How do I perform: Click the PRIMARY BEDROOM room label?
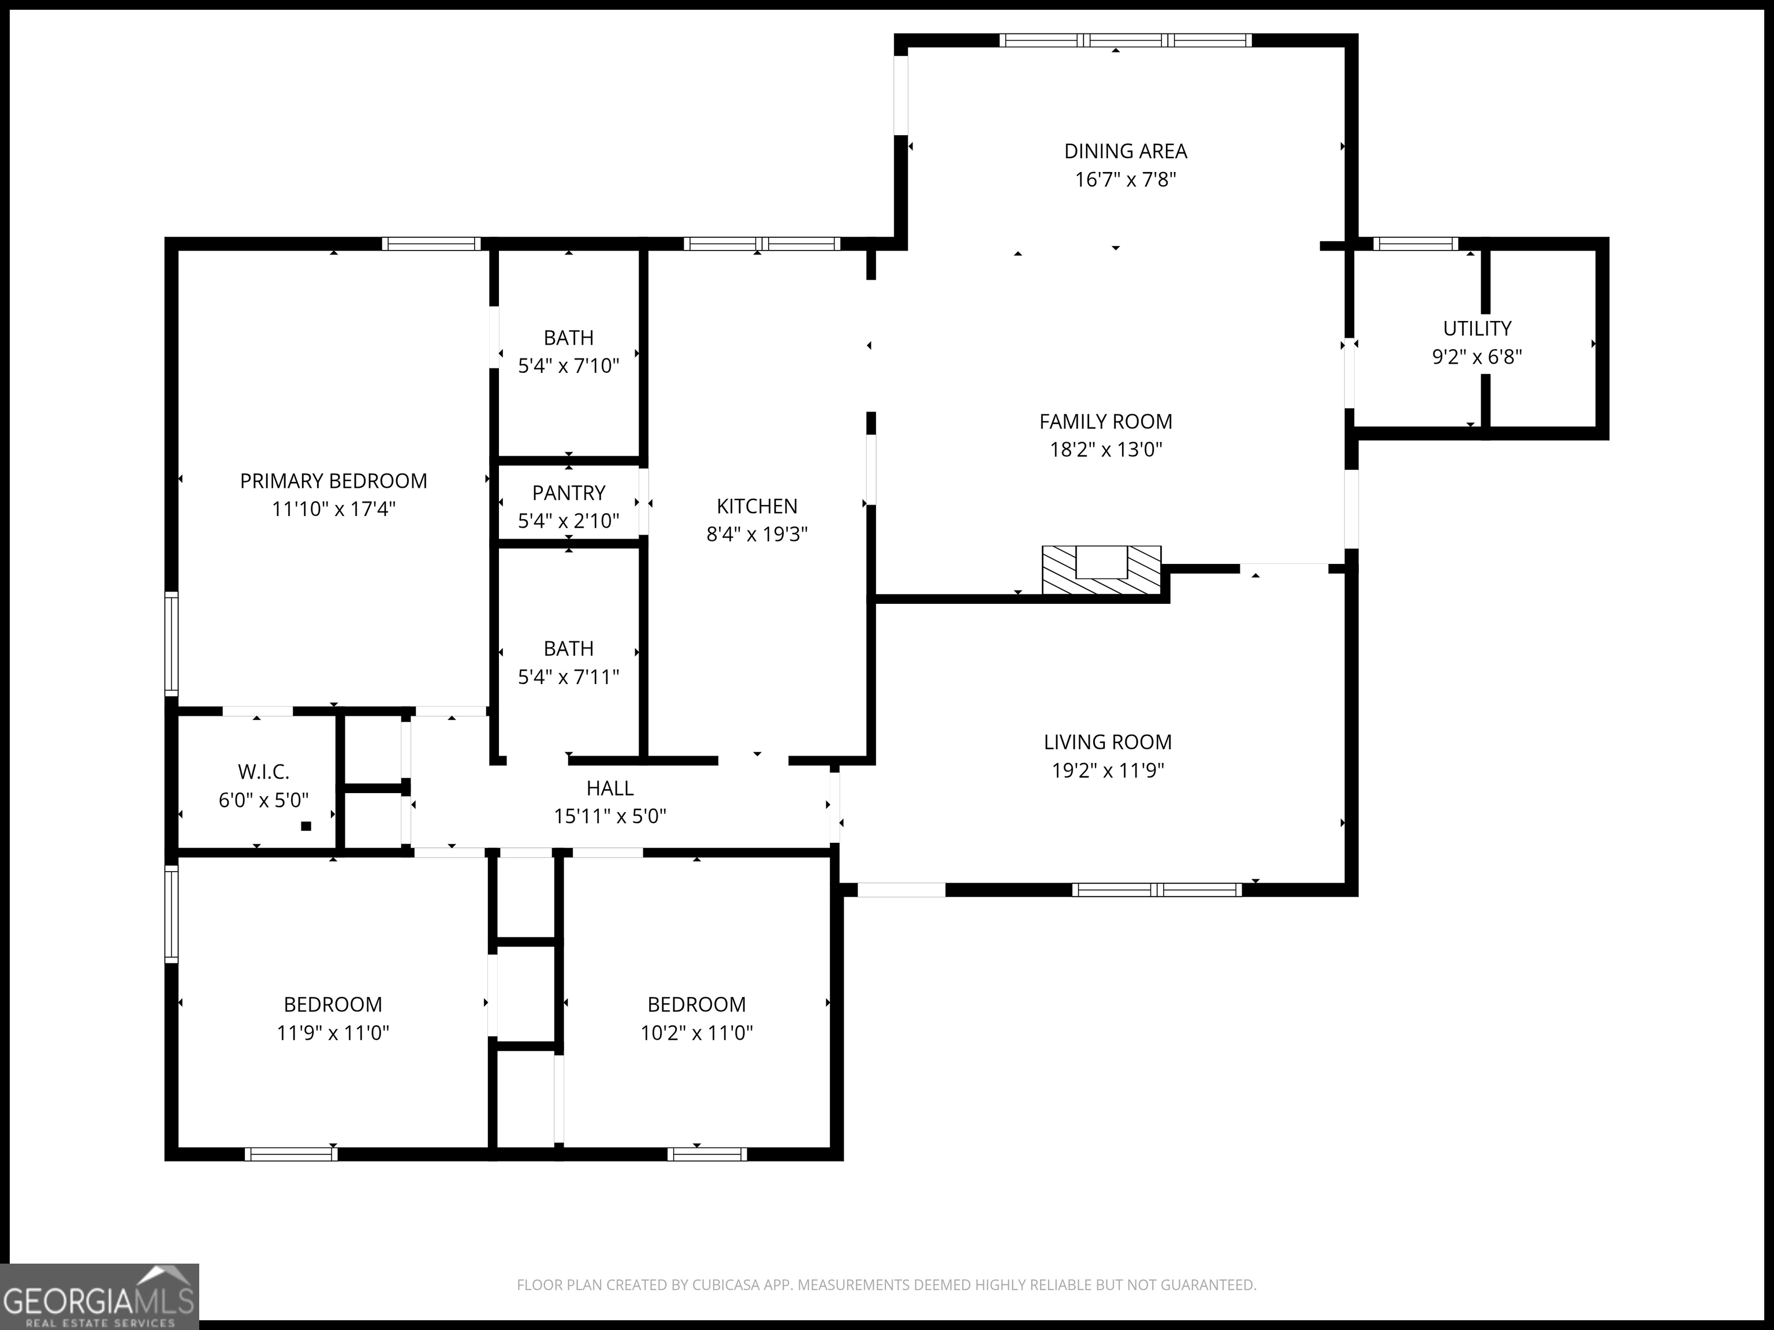point(334,481)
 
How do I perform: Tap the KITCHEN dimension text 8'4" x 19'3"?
point(757,535)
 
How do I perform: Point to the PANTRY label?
point(569,493)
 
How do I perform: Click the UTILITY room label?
point(1477,328)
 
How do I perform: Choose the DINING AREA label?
point(1125,151)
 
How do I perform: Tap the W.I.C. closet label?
point(263,772)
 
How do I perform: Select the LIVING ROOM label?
point(1108,742)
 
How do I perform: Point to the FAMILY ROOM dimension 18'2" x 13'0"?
point(1106,450)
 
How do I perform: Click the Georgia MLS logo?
point(99,1297)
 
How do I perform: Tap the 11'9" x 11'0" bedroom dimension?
point(333,1033)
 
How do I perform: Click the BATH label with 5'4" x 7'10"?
point(569,338)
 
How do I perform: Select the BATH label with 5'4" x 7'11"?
point(569,649)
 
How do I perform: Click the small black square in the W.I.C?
point(305,825)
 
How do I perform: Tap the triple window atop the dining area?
point(1125,40)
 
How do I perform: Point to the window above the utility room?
point(1415,244)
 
